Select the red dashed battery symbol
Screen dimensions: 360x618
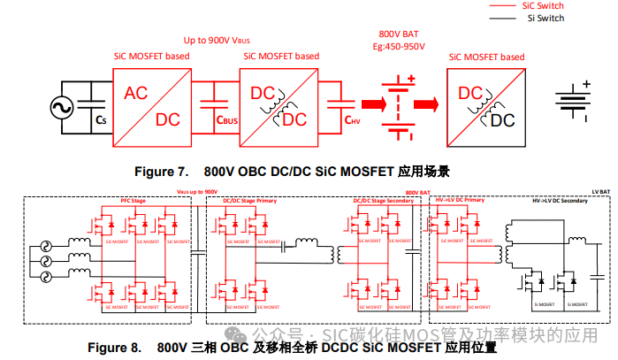tap(400, 106)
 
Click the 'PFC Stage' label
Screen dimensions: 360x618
tap(134, 202)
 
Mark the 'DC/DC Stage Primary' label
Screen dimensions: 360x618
tap(248, 202)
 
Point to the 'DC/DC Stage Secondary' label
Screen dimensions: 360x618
tap(380, 202)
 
